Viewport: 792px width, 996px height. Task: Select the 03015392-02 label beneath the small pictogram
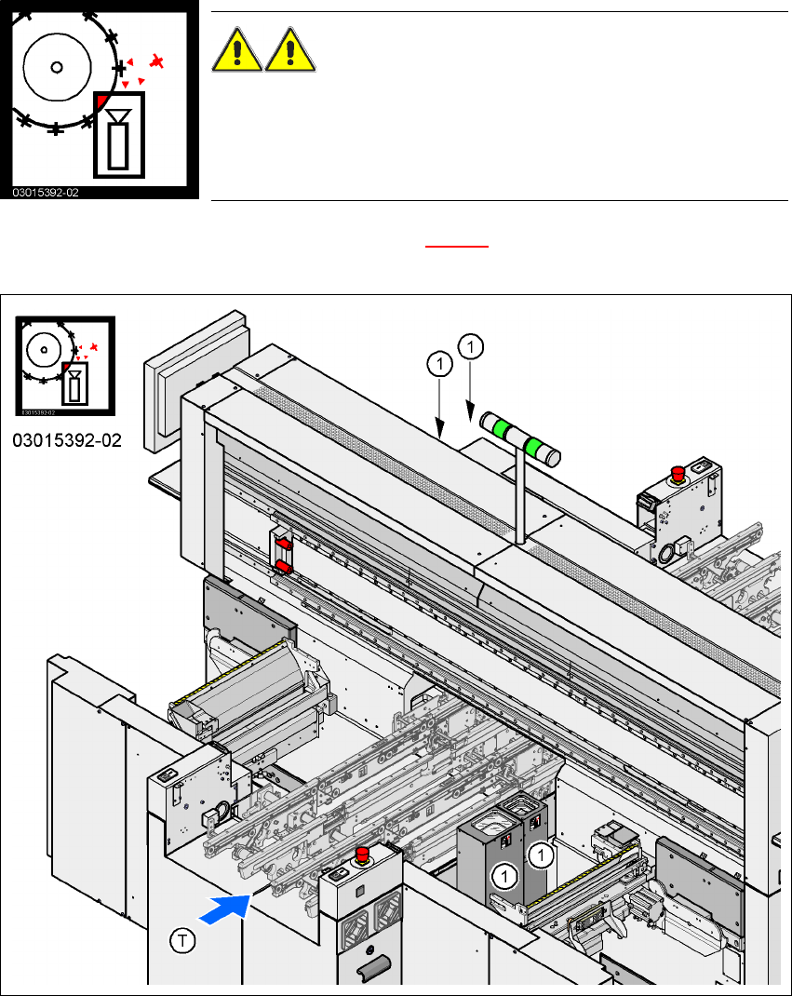pos(66,439)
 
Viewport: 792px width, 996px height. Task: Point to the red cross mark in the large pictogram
pos(158,62)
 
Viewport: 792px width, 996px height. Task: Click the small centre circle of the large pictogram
pos(56,67)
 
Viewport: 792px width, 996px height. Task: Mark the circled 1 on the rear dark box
pos(539,852)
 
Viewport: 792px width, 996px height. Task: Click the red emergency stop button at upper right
pos(679,473)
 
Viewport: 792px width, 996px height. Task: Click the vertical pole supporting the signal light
pos(518,492)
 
